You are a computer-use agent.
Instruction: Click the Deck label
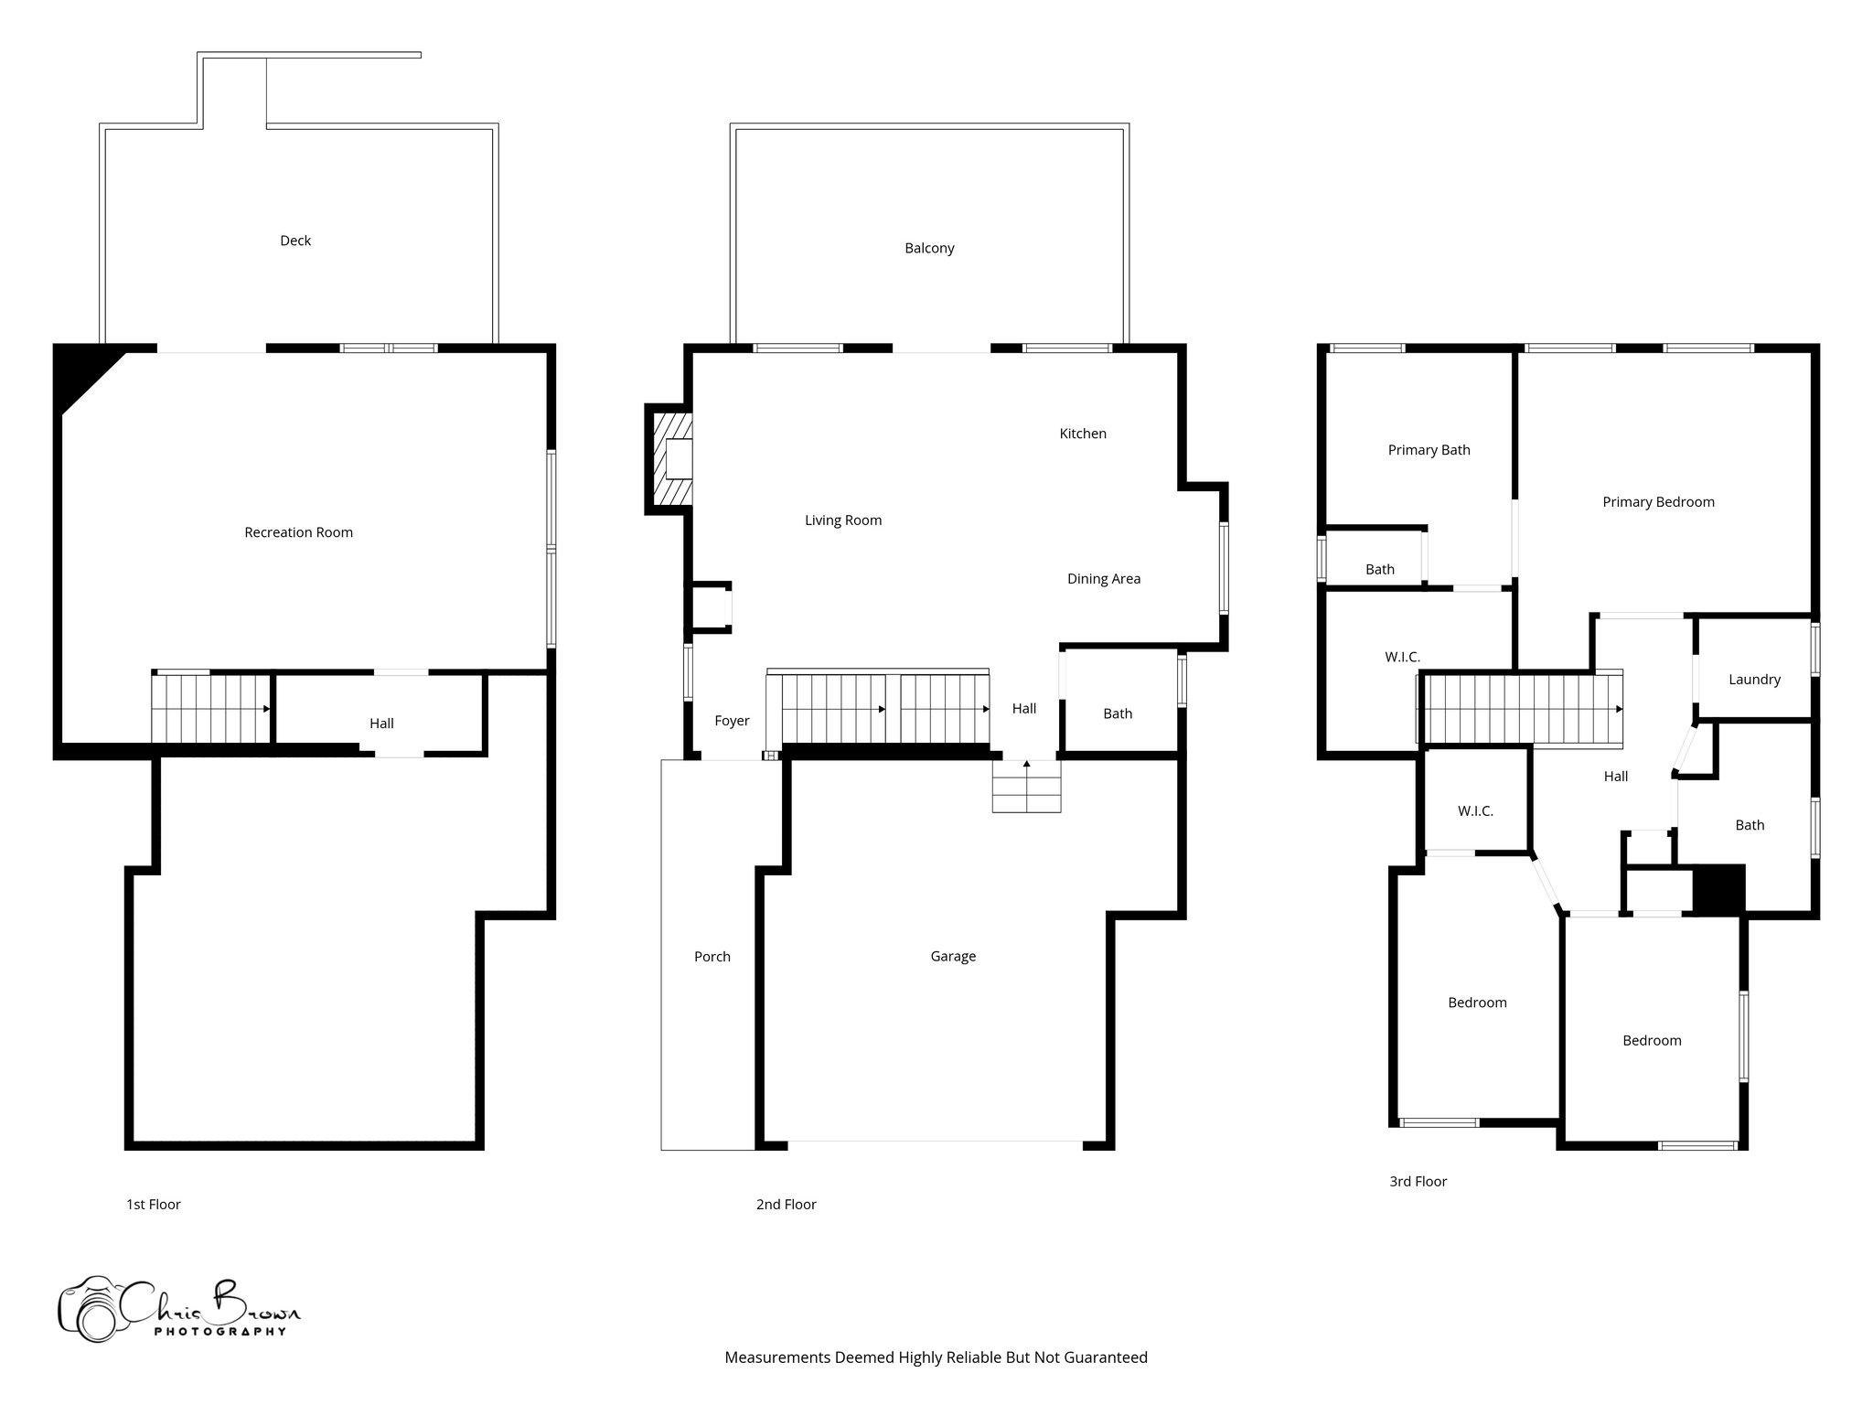295,241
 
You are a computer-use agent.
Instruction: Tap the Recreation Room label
298,532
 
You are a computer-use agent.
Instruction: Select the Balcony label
929,248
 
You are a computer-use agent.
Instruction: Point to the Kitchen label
1083,434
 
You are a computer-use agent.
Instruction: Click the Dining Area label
1104,578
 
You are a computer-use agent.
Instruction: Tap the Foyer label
732,721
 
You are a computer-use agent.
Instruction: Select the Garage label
953,956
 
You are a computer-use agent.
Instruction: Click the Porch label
712,957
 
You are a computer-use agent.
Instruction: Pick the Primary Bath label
1429,450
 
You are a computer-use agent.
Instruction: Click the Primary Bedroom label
1658,501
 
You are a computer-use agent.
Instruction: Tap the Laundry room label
1754,679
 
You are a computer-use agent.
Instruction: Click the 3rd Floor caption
1418,1181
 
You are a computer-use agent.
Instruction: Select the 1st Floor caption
154,1204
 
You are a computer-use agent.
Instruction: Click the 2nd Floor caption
786,1204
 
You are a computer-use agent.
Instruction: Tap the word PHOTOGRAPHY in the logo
219,1332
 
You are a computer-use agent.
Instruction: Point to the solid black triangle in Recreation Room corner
80,373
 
